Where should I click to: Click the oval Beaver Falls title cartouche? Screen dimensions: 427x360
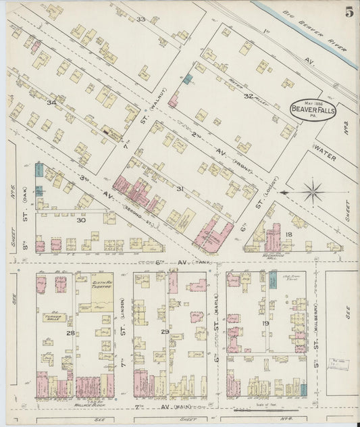pos(312,109)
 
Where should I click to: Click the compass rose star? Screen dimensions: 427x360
pos(313,191)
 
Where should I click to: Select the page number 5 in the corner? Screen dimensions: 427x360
pos(348,11)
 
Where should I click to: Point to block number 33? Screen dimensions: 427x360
pos(140,19)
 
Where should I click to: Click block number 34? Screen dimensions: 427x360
pos(51,102)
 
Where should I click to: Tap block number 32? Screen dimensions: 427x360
pos(248,96)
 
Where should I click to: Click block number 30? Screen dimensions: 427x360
pos(81,220)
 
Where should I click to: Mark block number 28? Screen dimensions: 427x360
pos(70,333)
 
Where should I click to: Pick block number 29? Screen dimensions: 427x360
pos(164,332)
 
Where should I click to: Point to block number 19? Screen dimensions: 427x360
pos(265,324)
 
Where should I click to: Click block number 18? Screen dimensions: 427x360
pos(288,234)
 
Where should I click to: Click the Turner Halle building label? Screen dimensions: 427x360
pos(52,318)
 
